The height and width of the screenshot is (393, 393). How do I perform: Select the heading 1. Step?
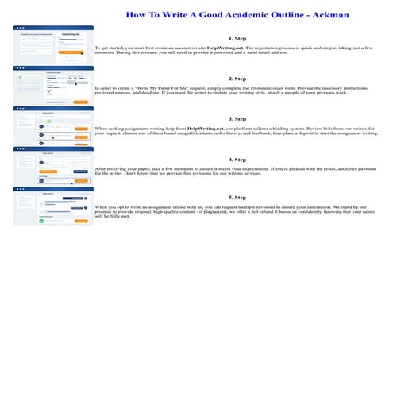pos(237,37)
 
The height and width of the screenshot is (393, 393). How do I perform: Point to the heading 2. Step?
pos(237,79)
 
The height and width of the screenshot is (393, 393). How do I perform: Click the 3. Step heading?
pos(237,118)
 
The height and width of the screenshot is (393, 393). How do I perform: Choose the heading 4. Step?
pos(237,159)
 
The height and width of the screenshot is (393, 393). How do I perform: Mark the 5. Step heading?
pos(237,197)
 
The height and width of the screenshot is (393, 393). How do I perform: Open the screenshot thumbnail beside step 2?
pos(53,85)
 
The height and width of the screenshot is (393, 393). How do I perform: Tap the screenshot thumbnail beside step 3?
pos(53,125)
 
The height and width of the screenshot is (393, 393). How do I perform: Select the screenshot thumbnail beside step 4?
pos(53,165)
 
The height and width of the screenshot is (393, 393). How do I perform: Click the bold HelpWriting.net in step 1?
pos(225,48)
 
